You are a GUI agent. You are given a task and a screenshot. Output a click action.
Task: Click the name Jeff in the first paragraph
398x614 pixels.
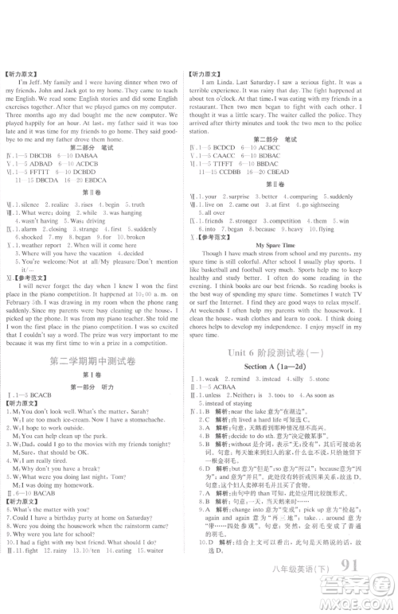tap(36, 82)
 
